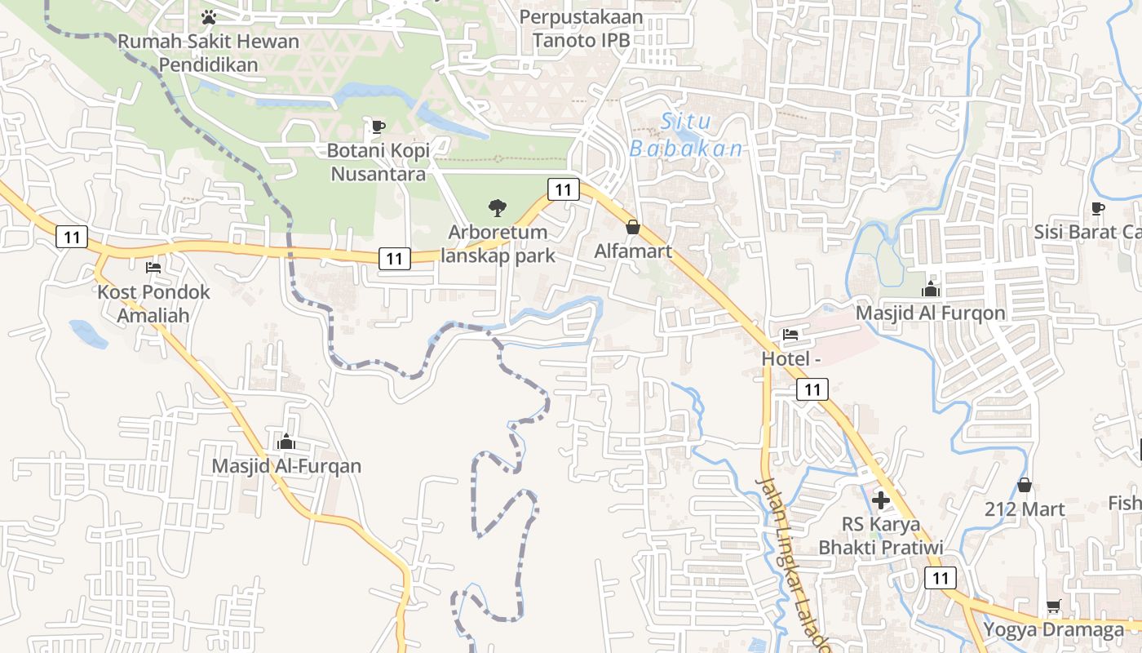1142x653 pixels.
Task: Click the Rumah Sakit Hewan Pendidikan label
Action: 209,52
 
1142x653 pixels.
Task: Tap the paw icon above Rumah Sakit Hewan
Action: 209,16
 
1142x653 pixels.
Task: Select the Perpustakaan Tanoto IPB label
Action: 581,28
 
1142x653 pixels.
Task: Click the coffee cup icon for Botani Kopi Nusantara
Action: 378,126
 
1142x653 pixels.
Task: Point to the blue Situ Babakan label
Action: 686,135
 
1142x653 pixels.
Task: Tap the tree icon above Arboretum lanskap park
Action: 497,208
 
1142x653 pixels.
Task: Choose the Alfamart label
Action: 633,251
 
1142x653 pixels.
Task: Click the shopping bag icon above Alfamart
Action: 633,227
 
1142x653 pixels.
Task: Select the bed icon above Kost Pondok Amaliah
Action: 153,267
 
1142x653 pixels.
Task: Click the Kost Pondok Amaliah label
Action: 153,303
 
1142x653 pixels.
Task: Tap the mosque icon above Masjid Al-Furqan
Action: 285,442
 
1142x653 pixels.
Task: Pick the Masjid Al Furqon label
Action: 930,313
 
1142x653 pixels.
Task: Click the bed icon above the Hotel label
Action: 790,334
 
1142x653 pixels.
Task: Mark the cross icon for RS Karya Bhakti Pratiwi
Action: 881,500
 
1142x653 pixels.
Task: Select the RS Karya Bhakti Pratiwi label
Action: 881,535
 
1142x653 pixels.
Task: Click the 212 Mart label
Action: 1025,509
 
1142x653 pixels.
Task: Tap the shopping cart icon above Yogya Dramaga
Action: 1053,606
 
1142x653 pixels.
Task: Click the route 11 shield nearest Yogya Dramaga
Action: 940,578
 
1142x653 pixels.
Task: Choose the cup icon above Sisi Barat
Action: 1098,207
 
